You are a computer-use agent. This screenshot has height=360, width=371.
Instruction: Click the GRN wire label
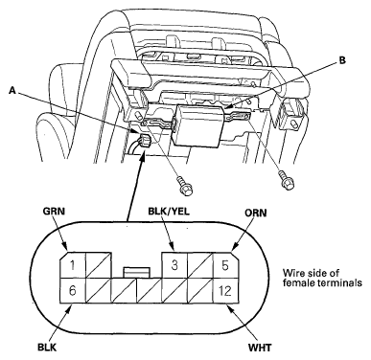(x=55, y=212)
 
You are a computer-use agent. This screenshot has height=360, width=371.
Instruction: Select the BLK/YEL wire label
(x=170, y=212)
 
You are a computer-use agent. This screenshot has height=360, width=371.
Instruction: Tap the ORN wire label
(x=256, y=213)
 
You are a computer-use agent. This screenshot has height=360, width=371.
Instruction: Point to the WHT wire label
(x=261, y=347)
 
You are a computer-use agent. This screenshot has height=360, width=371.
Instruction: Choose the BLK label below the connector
(x=47, y=348)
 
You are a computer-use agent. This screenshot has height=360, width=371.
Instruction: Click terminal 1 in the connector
(x=73, y=265)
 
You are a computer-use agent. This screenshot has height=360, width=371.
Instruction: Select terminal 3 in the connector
(x=174, y=265)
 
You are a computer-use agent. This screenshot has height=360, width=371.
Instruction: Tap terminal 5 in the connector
(x=225, y=265)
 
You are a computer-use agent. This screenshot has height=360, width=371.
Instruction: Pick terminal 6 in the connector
(x=73, y=290)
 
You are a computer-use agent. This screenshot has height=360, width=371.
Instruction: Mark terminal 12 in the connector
(x=225, y=290)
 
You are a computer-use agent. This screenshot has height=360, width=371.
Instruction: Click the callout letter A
(x=12, y=91)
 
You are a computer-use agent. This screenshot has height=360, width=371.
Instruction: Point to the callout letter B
(x=342, y=60)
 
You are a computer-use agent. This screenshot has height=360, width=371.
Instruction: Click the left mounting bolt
(x=184, y=187)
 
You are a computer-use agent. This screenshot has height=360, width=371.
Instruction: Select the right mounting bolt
(x=286, y=180)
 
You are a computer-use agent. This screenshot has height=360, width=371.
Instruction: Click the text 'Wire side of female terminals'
(x=322, y=278)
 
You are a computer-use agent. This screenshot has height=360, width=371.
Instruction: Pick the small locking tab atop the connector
(x=136, y=272)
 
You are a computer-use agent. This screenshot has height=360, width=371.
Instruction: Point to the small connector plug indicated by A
(x=143, y=142)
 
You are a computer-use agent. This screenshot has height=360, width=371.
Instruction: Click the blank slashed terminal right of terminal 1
(x=99, y=265)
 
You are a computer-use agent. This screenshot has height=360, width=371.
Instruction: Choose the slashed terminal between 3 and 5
(x=200, y=265)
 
